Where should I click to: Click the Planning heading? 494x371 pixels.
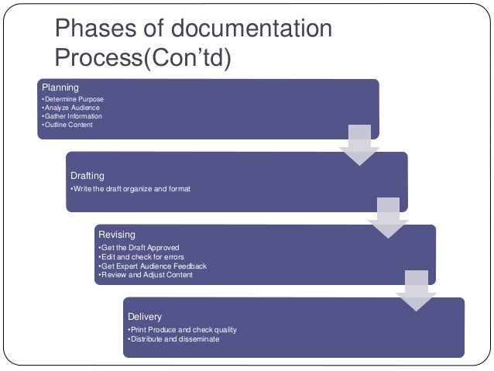pos(60,88)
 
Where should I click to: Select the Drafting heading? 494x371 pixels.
pos(87,176)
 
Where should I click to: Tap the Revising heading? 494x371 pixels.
pos(116,235)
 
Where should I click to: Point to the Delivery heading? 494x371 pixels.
pos(145,317)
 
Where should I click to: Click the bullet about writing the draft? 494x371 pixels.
pos(129,189)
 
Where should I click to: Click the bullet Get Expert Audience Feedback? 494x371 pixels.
pos(153,266)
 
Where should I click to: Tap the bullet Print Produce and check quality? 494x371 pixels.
pos(182,330)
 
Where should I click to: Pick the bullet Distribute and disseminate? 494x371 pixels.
pos(173,339)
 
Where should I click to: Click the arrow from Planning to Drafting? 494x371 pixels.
pos(359,145)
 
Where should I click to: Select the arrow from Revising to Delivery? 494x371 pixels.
pos(416,291)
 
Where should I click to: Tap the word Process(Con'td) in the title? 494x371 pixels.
pos(143,59)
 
